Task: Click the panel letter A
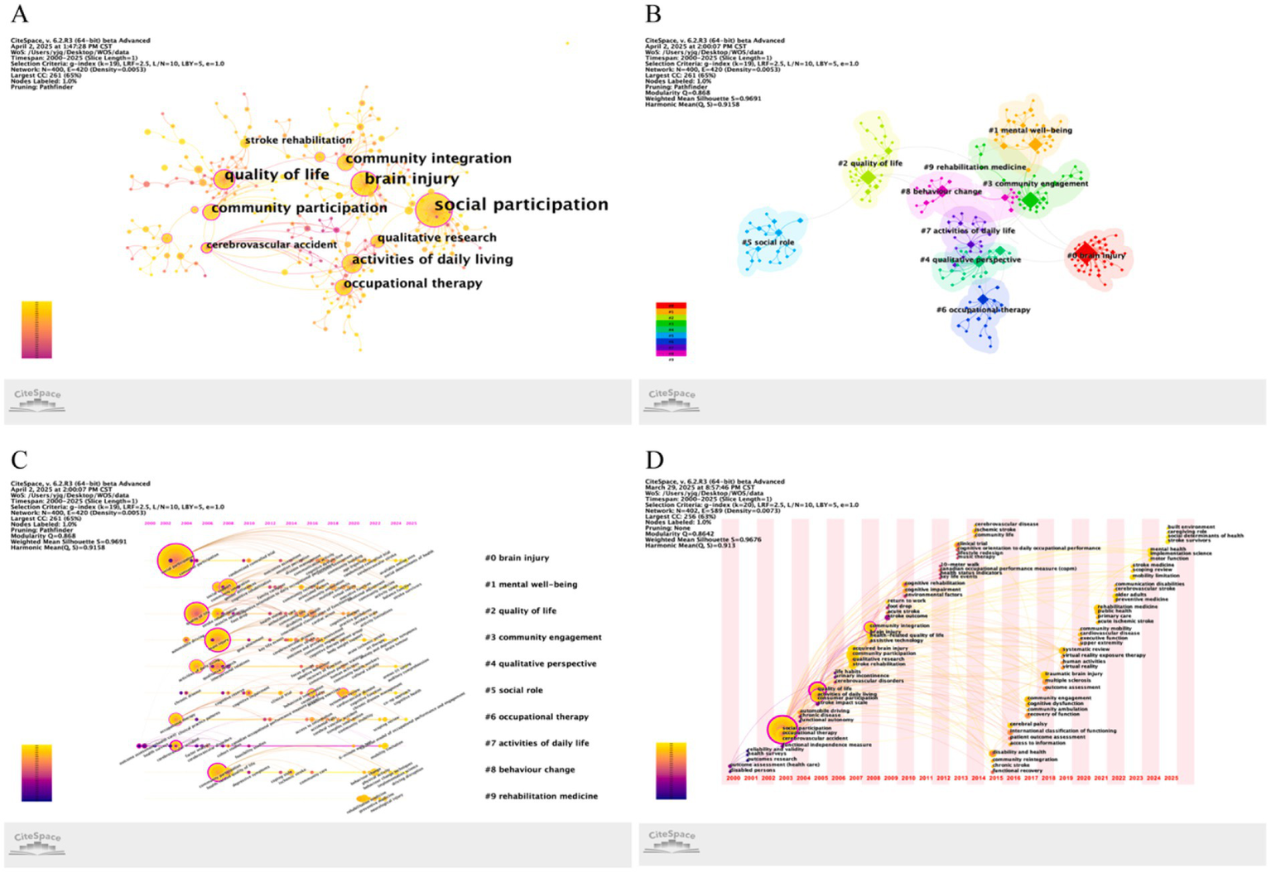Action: (x=19, y=14)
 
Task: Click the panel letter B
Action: (x=653, y=14)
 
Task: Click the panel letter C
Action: (x=19, y=460)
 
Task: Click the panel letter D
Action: (x=654, y=460)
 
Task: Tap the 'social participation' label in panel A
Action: (x=521, y=205)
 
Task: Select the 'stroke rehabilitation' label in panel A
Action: (x=298, y=140)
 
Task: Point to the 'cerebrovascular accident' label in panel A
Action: (x=272, y=244)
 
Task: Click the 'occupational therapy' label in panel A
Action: (x=412, y=283)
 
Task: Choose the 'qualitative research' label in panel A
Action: (x=436, y=238)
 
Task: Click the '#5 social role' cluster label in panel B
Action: (x=768, y=243)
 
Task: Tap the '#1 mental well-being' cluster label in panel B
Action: (x=1030, y=130)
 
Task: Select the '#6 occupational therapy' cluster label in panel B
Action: (x=983, y=310)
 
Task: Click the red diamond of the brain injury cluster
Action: (x=1086, y=253)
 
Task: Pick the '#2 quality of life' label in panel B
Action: (x=870, y=163)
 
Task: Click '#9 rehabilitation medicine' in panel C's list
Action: (x=541, y=796)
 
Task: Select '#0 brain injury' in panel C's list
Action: (x=517, y=557)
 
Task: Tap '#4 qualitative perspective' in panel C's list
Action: (x=540, y=663)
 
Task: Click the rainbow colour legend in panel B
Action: (x=671, y=330)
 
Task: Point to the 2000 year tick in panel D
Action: (x=733, y=779)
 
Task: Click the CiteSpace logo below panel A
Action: (x=37, y=398)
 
